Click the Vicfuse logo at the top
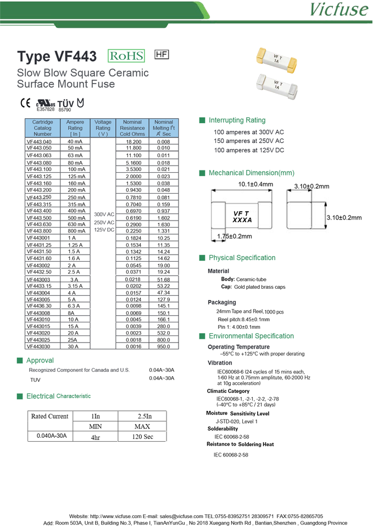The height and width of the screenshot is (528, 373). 338,10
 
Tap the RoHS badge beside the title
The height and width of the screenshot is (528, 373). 126,56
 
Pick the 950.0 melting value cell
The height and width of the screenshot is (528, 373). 163,347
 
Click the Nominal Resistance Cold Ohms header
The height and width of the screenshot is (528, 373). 132,128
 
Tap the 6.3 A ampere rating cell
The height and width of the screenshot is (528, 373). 75,306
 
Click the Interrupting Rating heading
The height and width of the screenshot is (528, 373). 237,120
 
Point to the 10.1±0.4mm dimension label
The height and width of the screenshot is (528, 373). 255,184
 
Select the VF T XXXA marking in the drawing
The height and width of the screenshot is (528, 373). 242,216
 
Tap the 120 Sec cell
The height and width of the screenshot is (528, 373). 142,437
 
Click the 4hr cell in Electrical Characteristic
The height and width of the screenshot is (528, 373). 96,437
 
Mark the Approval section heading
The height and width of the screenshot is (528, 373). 40,360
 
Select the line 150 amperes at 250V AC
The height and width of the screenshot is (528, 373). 249,141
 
